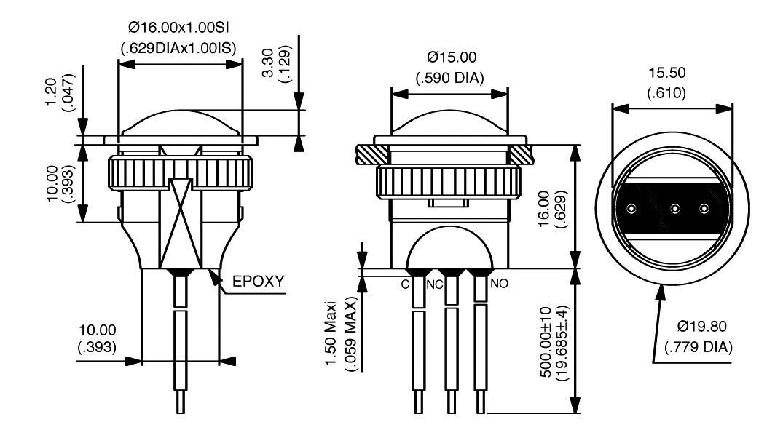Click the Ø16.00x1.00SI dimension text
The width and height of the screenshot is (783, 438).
pyautogui.click(x=179, y=28)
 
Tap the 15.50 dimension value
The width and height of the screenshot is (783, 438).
pyautogui.click(x=668, y=74)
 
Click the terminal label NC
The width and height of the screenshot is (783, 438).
pyautogui.click(x=435, y=284)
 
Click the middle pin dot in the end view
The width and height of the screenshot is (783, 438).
pyautogui.click(x=674, y=209)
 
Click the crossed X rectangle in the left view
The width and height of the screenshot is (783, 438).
pyautogui.click(x=179, y=222)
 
